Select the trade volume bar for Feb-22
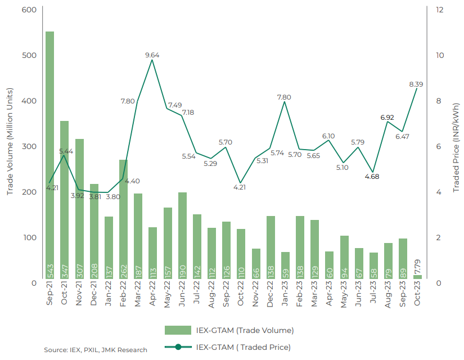coord(123,219)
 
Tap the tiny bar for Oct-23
coord(417,277)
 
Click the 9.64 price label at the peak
coord(152,55)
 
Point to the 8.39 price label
coord(416,84)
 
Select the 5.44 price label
coord(66,151)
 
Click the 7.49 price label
coord(175,105)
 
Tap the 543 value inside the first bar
coord(50,271)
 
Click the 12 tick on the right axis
coord(439,10)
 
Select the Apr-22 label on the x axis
coord(152,294)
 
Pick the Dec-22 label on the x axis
coord(271,294)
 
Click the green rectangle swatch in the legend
coord(178,330)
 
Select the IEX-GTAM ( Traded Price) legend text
coord(244,347)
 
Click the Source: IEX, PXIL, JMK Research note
coord(96,350)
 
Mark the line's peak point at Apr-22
coord(152,60)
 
